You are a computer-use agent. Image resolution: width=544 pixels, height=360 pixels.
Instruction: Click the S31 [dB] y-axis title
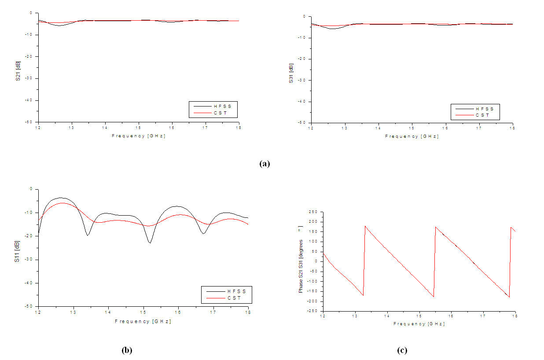pos(291,73)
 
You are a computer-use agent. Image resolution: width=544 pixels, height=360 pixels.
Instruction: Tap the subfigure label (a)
pos(264,164)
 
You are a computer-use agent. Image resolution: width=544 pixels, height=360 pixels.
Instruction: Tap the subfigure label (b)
pos(127,350)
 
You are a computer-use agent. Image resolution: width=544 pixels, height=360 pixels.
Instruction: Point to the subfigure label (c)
pos(402,350)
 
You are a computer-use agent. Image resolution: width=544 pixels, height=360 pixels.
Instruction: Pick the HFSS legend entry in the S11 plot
pos(236,291)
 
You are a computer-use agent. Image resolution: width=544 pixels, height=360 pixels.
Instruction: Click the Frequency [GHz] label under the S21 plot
pos(139,136)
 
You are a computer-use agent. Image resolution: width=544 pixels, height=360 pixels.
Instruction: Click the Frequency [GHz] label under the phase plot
pos(419,323)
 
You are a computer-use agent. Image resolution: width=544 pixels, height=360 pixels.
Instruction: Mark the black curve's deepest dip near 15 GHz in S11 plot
pos(150,243)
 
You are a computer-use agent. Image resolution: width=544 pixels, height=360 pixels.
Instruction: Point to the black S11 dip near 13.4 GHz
pos(88,235)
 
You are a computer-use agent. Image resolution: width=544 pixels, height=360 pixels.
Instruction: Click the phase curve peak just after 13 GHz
pos(365,226)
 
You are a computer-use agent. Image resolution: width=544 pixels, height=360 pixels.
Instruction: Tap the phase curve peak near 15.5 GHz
pos(435,227)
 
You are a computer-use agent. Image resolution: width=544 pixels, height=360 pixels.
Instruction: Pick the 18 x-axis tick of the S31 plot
pos(512,128)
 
